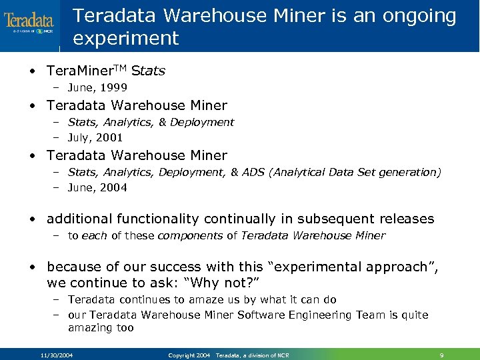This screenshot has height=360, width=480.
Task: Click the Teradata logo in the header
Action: [x=29, y=24]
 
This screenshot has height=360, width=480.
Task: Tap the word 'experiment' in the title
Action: [x=126, y=38]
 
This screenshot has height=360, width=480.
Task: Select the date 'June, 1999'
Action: [x=97, y=87]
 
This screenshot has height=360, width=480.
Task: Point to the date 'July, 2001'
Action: [x=96, y=137]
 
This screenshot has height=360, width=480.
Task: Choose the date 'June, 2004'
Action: [x=97, y=187]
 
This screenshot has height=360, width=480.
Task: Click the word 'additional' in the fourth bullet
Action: [x=79, y=219]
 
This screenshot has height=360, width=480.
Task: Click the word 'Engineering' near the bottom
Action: [x=302, y=315]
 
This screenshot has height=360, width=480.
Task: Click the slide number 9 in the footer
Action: [x=441, y=355]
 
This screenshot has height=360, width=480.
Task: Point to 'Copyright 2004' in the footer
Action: [x=189, y=355]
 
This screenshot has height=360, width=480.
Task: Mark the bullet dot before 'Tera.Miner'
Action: [x=33, y=71]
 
